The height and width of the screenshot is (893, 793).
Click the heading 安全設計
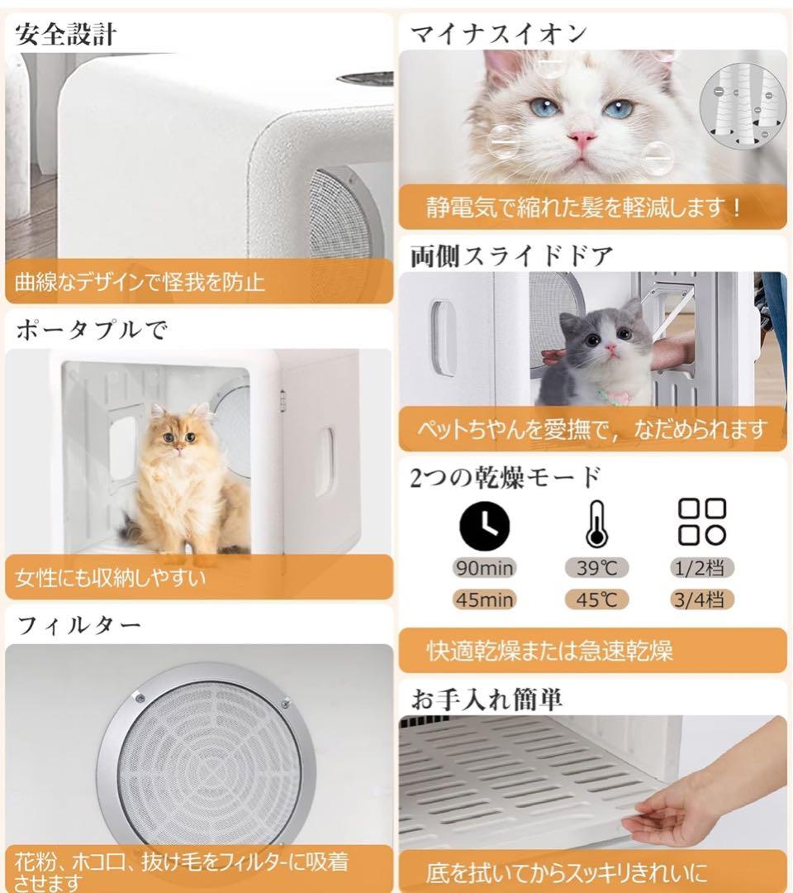pos(65,35)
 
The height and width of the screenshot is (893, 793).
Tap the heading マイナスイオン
pos(498,34)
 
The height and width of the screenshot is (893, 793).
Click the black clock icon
pos(484,526)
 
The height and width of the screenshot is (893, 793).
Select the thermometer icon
pos(596,524)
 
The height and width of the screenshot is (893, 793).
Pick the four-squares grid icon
pos(702,523)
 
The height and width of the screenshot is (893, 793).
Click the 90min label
pos(484,568)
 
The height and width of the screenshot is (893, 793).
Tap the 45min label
pos(484,599)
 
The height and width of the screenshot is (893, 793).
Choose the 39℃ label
pos(596,568)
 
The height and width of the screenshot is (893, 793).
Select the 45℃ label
pos(596,599)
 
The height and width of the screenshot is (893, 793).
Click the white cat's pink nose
pos(582,138)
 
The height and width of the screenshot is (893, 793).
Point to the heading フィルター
pos(79,626)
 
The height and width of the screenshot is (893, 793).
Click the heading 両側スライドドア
pos(511,256)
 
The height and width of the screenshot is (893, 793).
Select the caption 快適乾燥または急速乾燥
pos(549,651)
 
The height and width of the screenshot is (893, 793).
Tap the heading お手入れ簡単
pos(487,699)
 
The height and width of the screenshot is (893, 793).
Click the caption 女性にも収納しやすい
pos(111,578)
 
